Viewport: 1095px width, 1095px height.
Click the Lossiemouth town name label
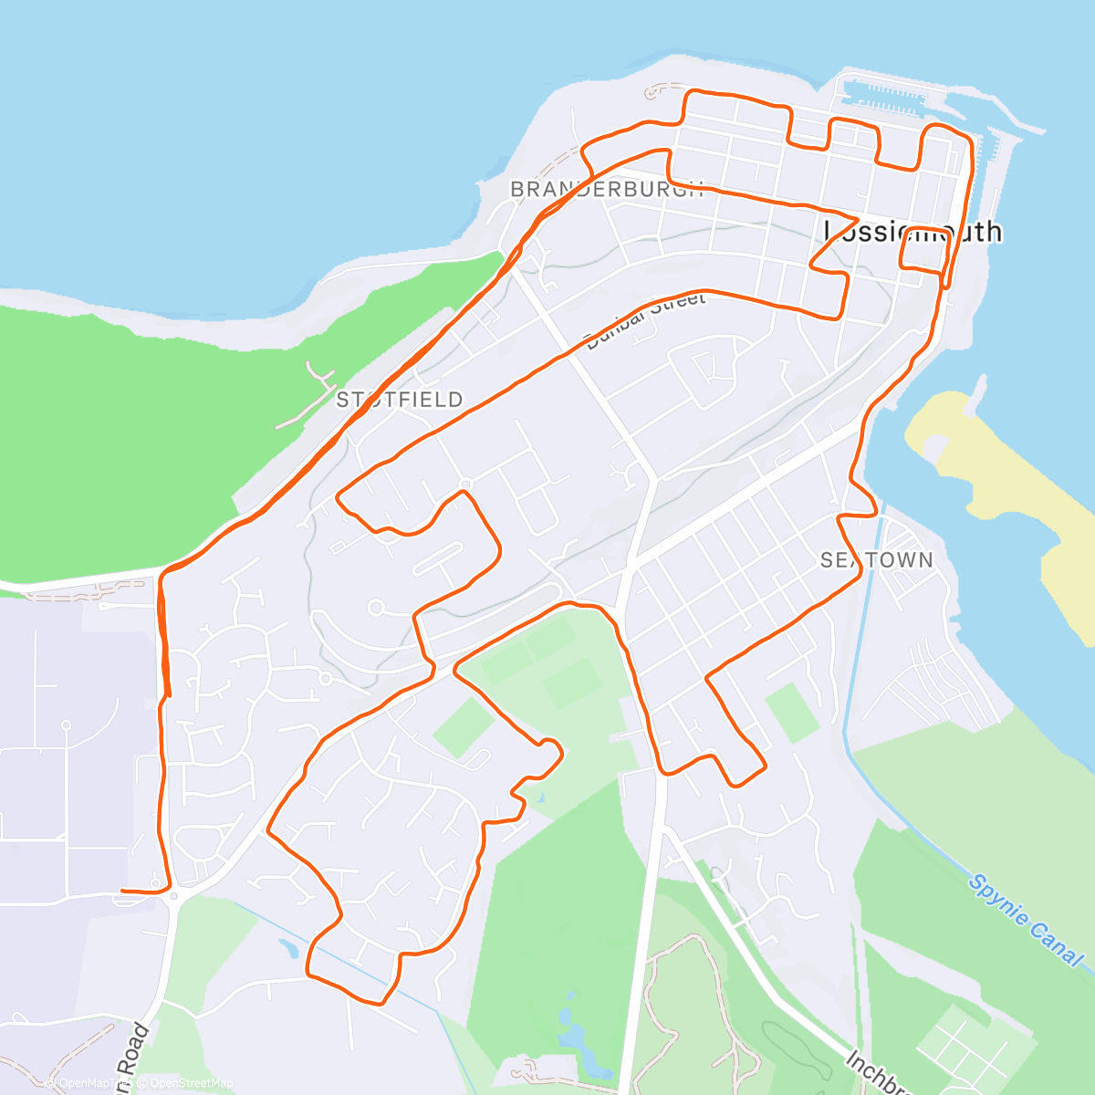912,232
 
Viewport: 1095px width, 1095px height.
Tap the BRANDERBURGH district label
607,190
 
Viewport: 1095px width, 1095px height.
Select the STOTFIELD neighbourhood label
400,400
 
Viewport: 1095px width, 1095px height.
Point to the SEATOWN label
876,560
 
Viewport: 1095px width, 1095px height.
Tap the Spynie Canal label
1027,920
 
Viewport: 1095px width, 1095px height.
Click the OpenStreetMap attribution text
192,1083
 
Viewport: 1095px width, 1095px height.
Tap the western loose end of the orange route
122,890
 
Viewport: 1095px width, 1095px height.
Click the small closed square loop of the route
922,247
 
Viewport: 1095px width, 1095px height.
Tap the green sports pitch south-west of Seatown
791,713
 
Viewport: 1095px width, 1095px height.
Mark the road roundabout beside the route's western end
173,896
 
